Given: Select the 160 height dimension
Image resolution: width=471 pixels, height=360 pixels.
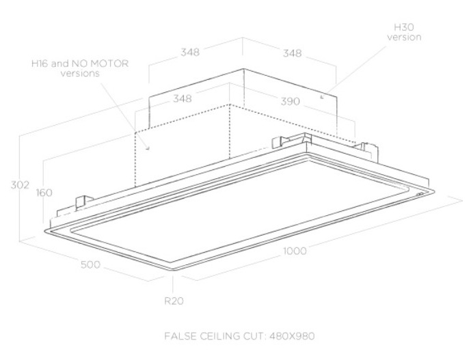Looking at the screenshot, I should (x=44, y=193).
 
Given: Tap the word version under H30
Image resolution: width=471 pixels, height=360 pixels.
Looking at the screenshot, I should (x=404, y=37).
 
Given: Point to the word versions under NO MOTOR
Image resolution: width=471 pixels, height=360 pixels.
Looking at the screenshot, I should (x=80, y=73).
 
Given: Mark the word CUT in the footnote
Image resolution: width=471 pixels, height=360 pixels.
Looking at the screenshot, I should (x=249, y=337).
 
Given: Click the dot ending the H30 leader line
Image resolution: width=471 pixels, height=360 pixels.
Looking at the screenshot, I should (x=321, y=96).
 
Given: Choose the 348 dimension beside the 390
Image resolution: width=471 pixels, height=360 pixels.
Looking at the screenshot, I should (x=182, y=98).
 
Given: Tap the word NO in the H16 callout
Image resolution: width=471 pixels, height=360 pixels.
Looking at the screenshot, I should (x=83, y=63).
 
